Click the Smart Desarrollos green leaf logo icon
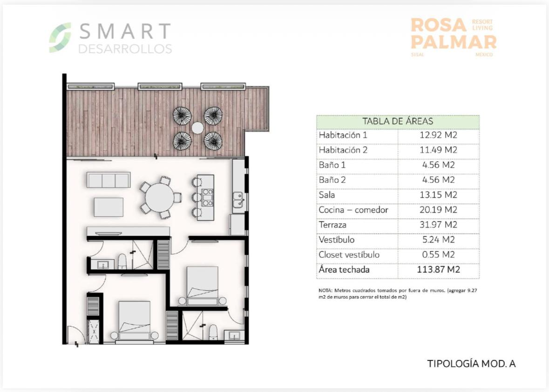coord(60,38)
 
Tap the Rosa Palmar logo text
coord(453,33)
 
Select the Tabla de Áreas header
coord(397,121)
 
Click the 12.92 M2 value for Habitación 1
coord(438,135)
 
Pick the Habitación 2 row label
coord(343,150)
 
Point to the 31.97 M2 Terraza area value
coord(438,225)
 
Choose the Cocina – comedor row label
coord(353,210)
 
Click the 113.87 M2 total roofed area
coord(438,270)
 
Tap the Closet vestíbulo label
coord(349,254)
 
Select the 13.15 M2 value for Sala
coord(438,195)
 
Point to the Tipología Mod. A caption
coord(471,364)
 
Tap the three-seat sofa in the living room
coord(108,180)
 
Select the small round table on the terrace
coord(197,128)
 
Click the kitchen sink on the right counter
coord(238,199)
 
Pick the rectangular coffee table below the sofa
coord(108,207)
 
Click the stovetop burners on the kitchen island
coord(208,197)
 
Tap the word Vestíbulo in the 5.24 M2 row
coord(337,240)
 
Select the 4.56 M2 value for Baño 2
coord(438,180)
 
